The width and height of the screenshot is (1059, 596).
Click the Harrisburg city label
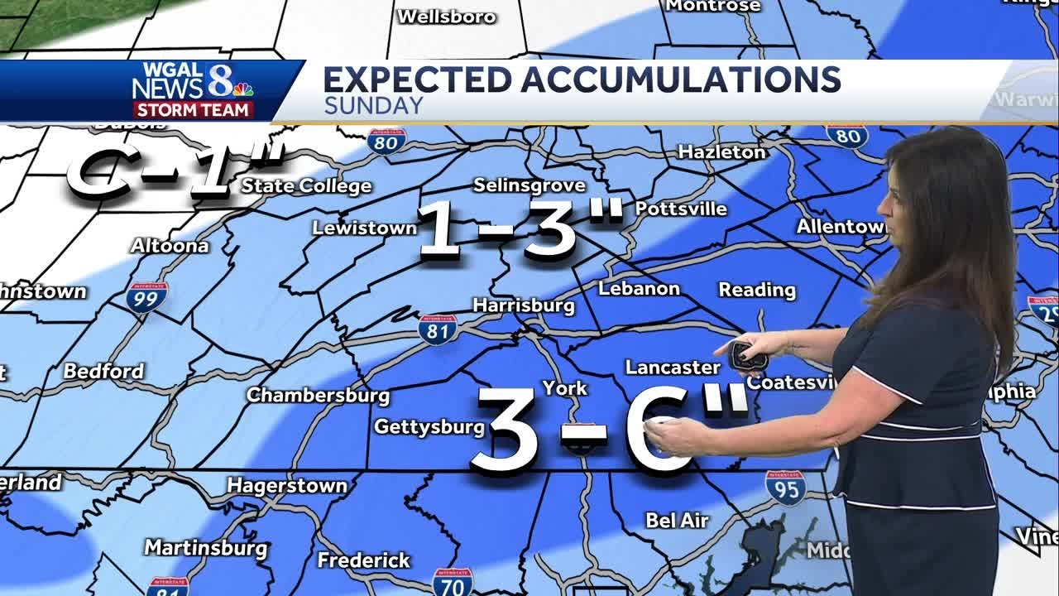click(x=523, y=305)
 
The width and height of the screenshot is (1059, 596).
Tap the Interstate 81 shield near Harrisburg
click(x=438, y=329)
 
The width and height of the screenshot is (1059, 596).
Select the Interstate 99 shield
click(x=147, y=296)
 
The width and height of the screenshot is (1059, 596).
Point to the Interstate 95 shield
click(x=785, y=488)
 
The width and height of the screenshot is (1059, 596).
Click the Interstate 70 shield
click(x=453, y=582)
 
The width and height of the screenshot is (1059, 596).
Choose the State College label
click(x=306, y=185)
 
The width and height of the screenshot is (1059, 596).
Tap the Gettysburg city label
click(x=429, y=426)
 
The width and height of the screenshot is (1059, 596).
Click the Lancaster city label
click(x=673, y=367)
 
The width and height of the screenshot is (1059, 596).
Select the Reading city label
click(x=757, y=290)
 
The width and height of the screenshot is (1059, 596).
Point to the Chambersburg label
click(x=318, y=395)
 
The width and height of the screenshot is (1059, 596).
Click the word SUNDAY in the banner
click(x=373, y=106)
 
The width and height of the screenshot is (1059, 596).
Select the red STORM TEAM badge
click(x=193, y=110)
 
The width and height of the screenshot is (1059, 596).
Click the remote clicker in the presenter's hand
click(x=751, y=354)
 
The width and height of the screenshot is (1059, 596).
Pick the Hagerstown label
click(x=287, y=485)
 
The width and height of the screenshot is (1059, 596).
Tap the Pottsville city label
click(x=681, y=209)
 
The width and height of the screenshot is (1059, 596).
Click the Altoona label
click(x=170, y=246)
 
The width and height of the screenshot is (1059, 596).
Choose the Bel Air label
click(x=677, y=520)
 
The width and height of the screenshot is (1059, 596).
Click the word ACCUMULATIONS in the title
click(x=681, y=79)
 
